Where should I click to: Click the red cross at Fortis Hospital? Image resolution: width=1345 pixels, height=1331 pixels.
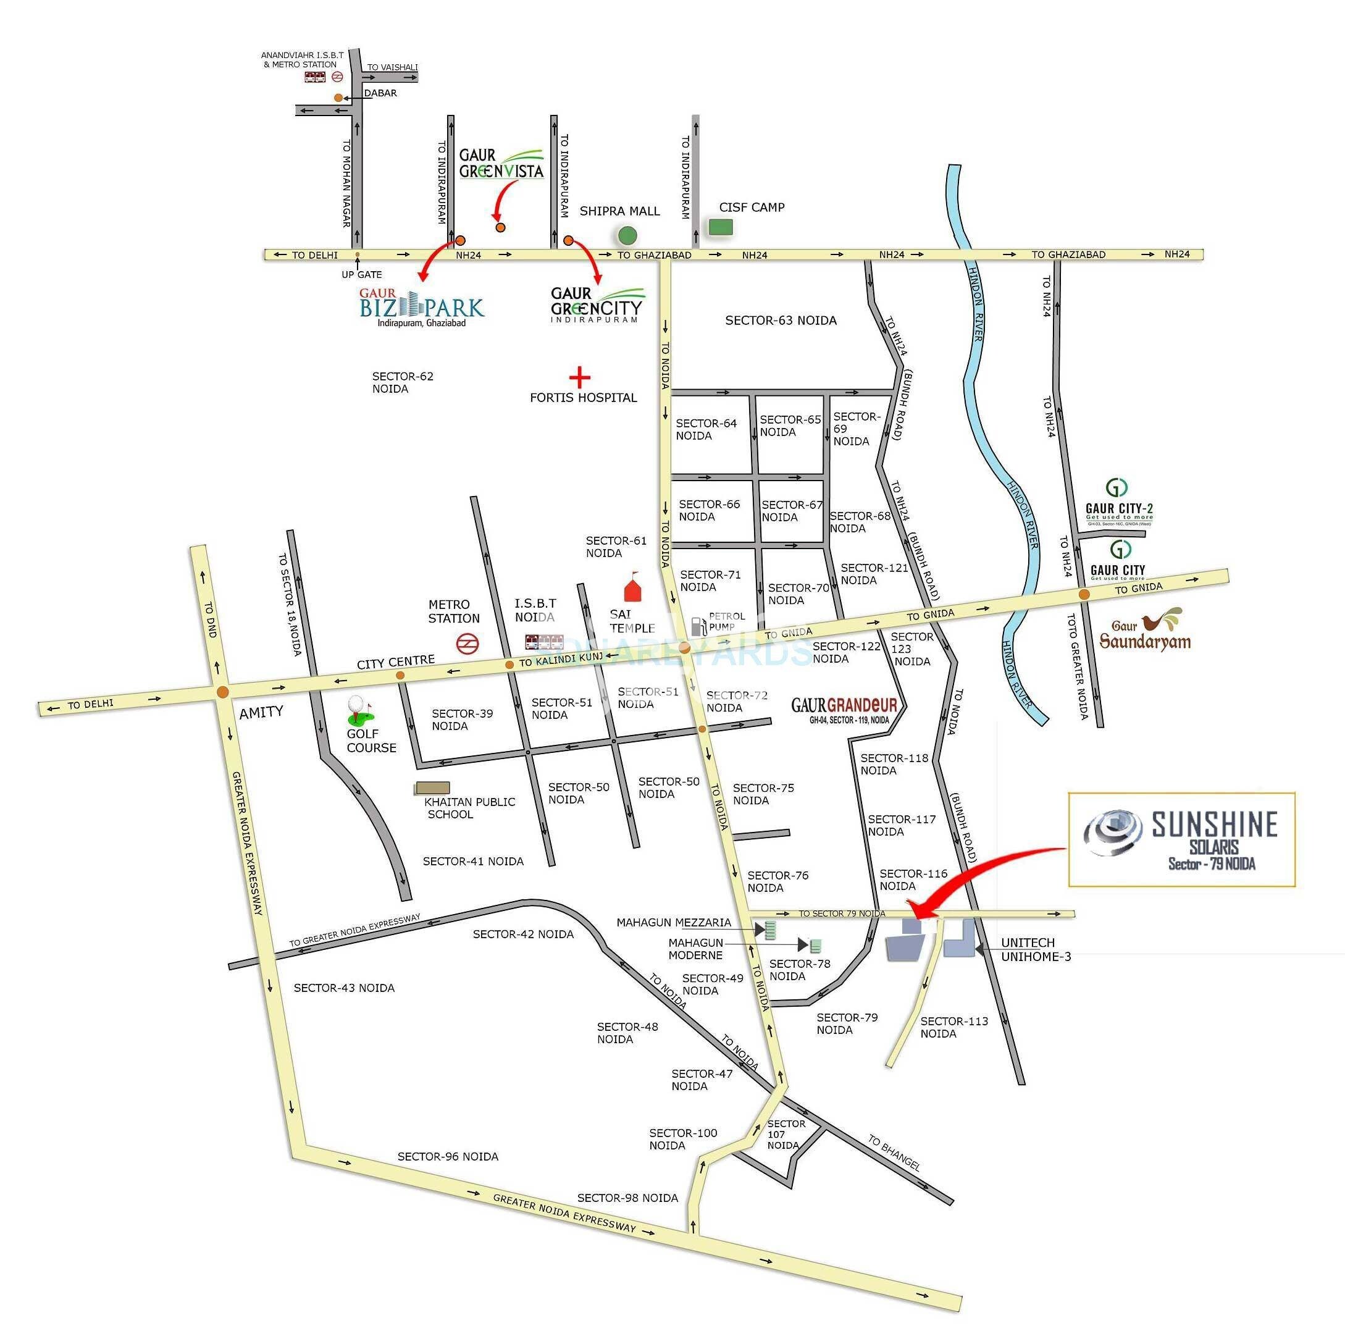click(579, 377)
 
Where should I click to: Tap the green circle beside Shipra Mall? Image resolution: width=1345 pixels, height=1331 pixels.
click(627, 236)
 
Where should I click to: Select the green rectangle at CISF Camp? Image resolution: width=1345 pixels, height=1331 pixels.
click(721, 227)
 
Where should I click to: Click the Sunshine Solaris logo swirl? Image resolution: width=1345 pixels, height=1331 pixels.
click(1114, 832)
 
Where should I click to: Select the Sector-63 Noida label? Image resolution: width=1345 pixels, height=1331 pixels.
click(781, 320)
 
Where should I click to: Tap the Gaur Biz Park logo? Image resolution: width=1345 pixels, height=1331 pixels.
click(421, 307)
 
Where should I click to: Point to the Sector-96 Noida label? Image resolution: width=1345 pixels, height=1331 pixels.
click(448, 1156)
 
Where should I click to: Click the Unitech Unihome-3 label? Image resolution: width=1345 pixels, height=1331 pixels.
click(1035, 949)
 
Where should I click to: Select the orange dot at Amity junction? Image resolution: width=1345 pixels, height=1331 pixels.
click(222, 692)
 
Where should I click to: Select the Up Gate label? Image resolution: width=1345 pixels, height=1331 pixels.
click(361, 274)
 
